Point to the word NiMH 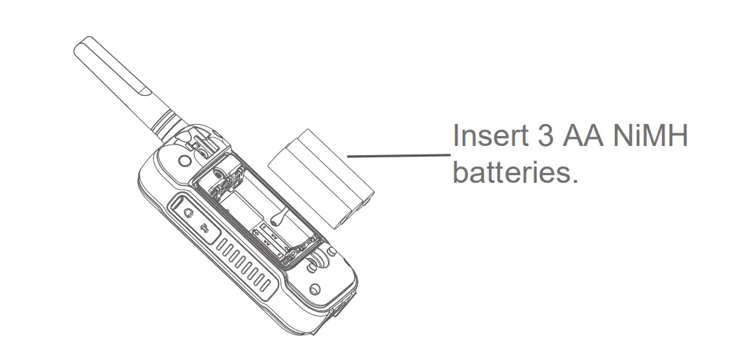pos(653,137)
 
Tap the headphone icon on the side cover pos(188,212)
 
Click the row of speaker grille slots pos(245,265)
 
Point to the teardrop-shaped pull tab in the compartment pos(276,219)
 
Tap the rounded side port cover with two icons pos(195,220)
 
